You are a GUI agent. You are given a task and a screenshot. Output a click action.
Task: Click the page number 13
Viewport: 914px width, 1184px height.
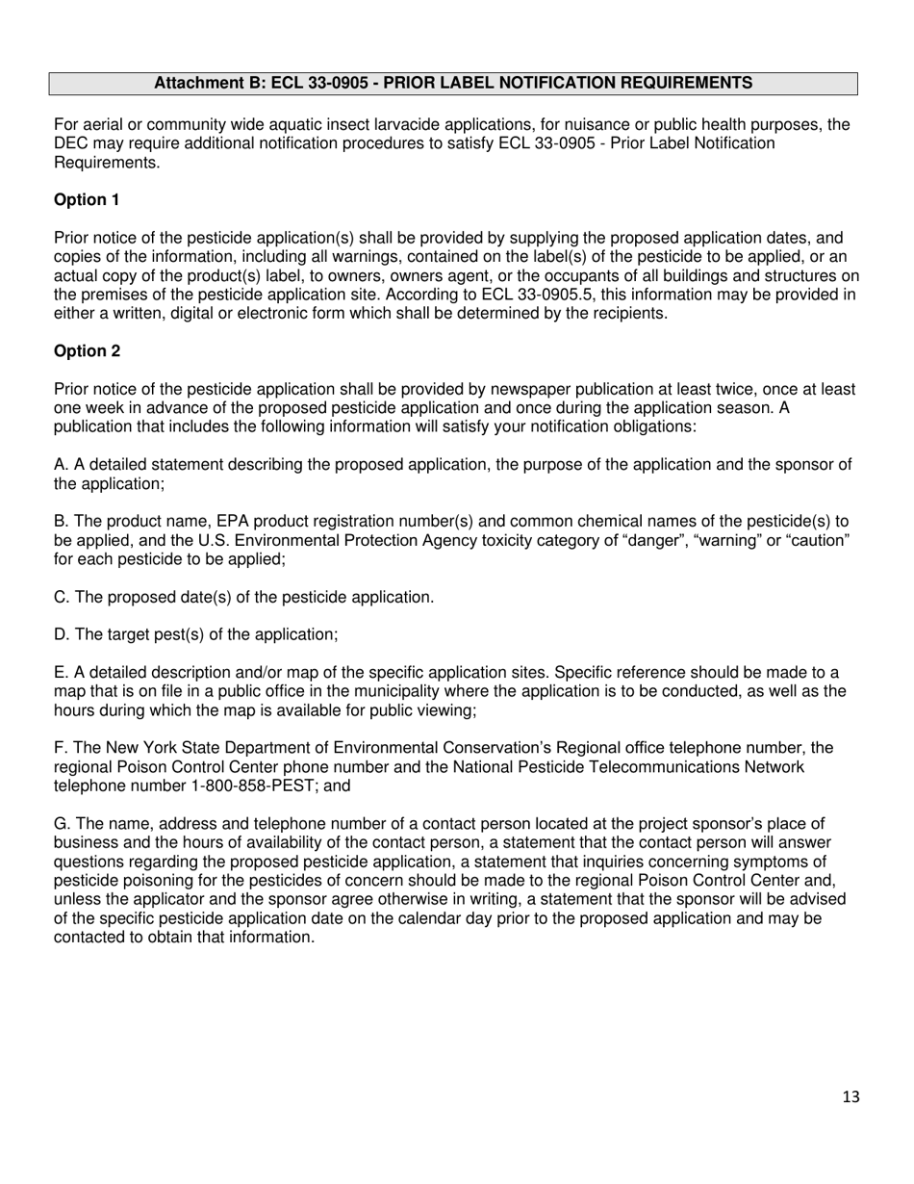click(850, 1096)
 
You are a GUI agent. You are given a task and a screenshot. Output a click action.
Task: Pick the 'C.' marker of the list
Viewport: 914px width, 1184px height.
click(62, 597)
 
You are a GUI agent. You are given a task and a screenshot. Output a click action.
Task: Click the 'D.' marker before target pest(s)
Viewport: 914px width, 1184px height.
click(62, 634)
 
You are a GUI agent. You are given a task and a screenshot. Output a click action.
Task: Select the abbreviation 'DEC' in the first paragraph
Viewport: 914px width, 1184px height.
click(70, 143)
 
